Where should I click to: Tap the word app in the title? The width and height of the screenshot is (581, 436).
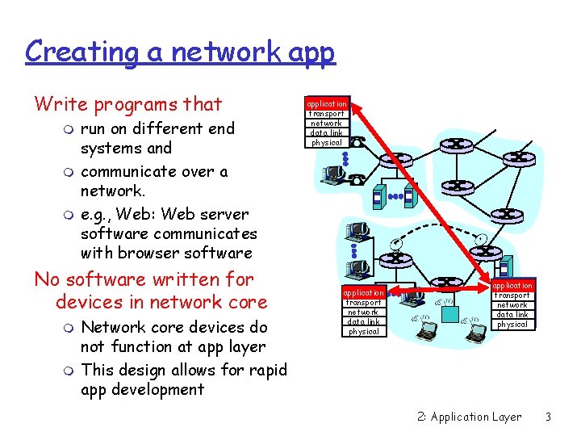(310, 52)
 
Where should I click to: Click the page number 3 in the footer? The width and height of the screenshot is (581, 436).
(548, 417)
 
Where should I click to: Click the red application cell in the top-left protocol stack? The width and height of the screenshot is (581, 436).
(327, 104)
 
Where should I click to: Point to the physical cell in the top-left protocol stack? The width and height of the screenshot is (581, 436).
(327, 143)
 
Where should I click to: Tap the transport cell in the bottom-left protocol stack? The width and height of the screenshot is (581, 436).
(363, 302)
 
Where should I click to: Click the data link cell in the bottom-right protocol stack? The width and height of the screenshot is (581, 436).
(512, 315)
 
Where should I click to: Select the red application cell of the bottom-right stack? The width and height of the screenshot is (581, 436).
(512, 286)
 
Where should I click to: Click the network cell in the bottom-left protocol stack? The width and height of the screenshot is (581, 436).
(363, 312)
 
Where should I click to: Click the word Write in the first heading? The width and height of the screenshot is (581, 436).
(61, 104)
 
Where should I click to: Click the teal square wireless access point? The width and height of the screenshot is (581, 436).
(504, 266)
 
